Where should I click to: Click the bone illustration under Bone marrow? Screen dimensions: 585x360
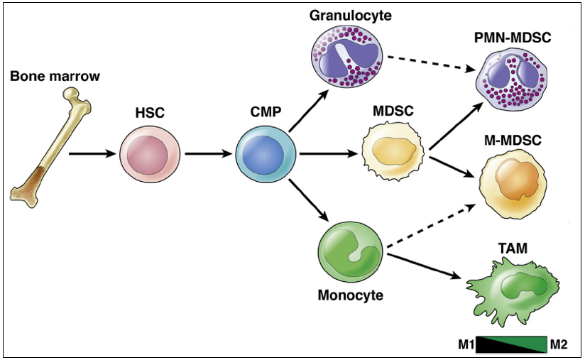(x=50, y=148)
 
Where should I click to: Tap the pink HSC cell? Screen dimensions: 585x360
(x=150, y=153)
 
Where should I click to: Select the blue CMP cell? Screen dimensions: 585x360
(x=266, y=153)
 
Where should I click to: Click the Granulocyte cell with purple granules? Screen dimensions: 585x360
(x=347, y=56)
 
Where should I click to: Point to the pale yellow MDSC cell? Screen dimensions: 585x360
(x=393, y=151)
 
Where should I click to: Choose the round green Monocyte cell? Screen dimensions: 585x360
(x=350, y=253)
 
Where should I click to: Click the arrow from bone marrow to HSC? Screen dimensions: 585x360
(x=92, y=153)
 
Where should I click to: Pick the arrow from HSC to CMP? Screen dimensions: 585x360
(x=208, y=153)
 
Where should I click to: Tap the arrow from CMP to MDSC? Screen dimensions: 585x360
(x=328, y=153)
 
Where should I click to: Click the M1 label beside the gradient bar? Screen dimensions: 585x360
(x=466, y=344)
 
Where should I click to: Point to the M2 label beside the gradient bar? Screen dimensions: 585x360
(x=559, y=344)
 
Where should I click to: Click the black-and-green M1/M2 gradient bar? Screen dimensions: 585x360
(x=511, y=344)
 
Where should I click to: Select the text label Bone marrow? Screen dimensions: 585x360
(x=55, y=76)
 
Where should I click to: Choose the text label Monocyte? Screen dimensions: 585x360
(x=350, y=295)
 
